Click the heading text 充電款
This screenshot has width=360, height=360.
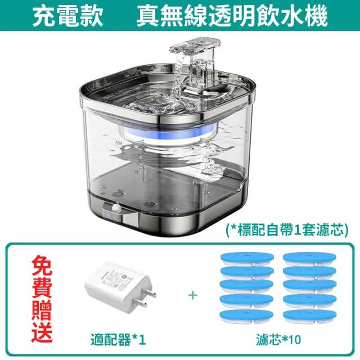[x=67, y=16]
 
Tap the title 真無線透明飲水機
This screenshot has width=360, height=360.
[x=232, y=16]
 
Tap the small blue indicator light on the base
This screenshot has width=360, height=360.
[x=108, y=216]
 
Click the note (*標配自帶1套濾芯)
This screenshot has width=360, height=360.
[x=287, y=229]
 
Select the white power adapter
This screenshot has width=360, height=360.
[x=121, y=289]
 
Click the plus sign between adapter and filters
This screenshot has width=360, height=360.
[x=193, y=295]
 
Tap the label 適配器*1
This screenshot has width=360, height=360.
[x=118, y=340]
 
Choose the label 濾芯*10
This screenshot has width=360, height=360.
[x=278, y=340]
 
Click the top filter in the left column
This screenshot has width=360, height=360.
[x=247, y=259]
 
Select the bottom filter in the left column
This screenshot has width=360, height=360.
[x=247, y=316]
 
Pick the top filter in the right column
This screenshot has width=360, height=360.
[x=310, y=259]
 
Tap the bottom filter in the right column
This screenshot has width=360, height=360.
[x=310, y=316]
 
